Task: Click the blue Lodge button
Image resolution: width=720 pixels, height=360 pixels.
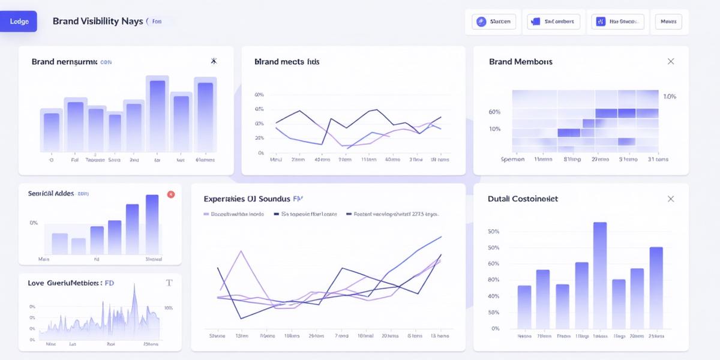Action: pyautogui.click(x=19, y=21)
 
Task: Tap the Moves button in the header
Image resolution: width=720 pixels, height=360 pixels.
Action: pyautogui.click(x=668, y=22)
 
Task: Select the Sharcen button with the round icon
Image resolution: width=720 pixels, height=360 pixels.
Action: pyautogui.click(x=493, y=22)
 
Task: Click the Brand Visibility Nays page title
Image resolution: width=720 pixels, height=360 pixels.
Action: pyautogui.click(x=98, y=21)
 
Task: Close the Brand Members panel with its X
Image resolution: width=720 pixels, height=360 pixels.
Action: pyautogui.click(x=671, y=61)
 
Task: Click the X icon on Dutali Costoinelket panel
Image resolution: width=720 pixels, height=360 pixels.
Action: pyautogui.click(x=671, y=199)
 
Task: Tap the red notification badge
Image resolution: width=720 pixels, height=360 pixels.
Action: pyautogui.click(x=170, y=194)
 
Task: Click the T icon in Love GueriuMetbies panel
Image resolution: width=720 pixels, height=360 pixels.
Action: pyautogui.click(x=169, y=283)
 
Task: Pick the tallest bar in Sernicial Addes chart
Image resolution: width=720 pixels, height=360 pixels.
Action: pyautogui.click(x=152, y=224)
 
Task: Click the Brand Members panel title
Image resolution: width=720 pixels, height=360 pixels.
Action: pyautogui.click(x=520, y=62)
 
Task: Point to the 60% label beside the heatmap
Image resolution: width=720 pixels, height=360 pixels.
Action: pyautogui.click(x=494, y=112)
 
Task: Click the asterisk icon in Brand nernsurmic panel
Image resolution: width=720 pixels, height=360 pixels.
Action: pyautogui.click(x=214, y=61)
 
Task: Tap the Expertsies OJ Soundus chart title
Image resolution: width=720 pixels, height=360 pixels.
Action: pyautogui.click(x=247, y=199)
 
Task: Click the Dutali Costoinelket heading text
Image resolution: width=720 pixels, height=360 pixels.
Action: pyautogui.click(x=523, y=199)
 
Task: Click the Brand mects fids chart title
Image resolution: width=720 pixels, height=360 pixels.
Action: pyautogui.click(x=286, y=62)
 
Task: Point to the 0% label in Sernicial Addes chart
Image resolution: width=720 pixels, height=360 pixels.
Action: pyautogui.click(x=34, y=223)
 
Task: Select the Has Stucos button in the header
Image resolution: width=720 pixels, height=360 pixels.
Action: pyautogui.click(x=617, y=22)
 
